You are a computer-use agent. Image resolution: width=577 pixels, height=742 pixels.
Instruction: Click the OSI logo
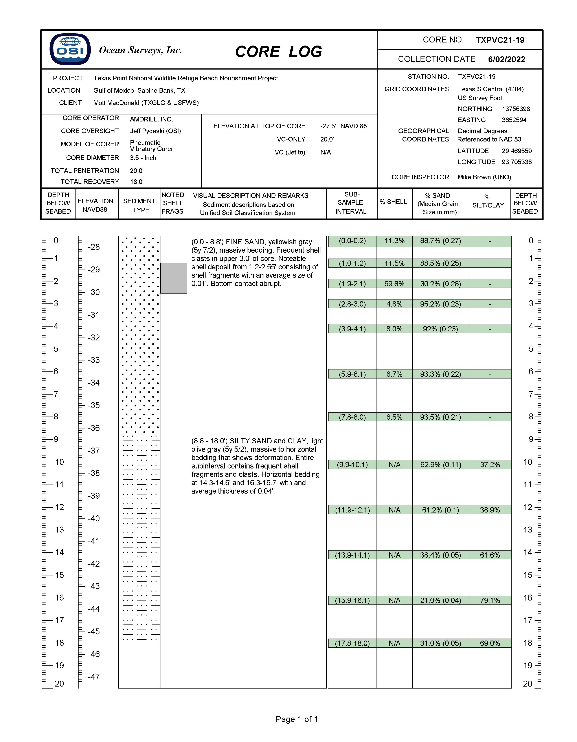coord(70,50)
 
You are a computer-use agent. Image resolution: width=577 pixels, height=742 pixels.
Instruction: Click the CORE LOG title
coord(278,52)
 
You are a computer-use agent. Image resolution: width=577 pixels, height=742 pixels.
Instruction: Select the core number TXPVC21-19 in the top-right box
coord(500,40)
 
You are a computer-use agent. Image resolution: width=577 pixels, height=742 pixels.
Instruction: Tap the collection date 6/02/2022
coord(506,59)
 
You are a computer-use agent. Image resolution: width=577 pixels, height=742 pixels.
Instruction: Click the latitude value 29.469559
coord(516,151)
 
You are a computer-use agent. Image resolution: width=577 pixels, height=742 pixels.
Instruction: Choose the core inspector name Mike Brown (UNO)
coord(484,177)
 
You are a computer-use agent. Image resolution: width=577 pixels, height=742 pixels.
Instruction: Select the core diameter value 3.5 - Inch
coord(143,158)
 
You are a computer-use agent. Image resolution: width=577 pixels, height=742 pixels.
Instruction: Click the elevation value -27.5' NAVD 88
coord(343,126)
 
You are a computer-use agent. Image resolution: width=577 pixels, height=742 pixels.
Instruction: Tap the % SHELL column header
coord(393,202)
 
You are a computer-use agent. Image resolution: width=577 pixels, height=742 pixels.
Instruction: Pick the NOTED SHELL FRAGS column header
coord(173,203)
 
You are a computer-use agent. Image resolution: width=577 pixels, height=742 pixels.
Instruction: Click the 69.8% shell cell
coord(394,284)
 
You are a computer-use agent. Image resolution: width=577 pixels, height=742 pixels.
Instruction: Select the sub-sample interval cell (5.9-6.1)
coord(352,374)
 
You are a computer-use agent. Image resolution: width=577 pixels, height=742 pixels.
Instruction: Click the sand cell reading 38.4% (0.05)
coord(440,555)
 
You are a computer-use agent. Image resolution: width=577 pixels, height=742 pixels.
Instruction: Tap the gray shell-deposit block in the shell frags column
coord(174,278)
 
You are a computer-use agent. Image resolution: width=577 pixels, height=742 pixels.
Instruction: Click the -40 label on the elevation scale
coord(94,518)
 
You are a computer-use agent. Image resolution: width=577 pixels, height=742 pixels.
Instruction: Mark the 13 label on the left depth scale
coord(59,530)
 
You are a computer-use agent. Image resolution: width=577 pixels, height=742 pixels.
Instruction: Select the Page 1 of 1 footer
coord(297,719)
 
